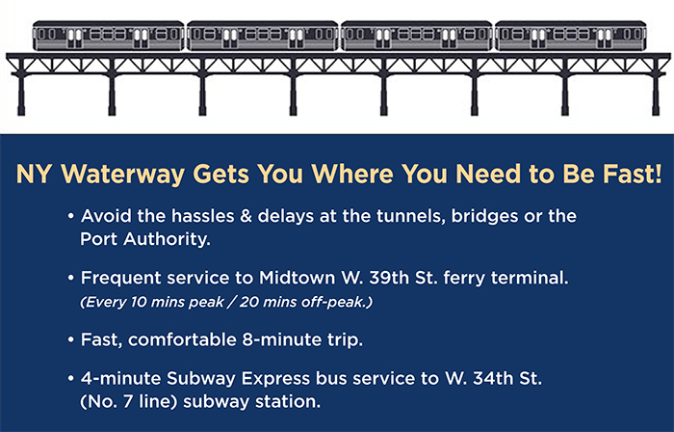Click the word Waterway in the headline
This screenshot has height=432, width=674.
[x=123, y=175]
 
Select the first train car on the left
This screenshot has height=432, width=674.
[x=108, y=36]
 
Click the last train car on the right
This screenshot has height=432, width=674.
[x=571, y=36]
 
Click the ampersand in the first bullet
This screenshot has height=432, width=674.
[x=246, y=216]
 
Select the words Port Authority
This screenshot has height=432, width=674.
[x=145, y=239]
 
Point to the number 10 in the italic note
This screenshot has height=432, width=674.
[x=139, y=302]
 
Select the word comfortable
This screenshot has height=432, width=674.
[x=183, y=340]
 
